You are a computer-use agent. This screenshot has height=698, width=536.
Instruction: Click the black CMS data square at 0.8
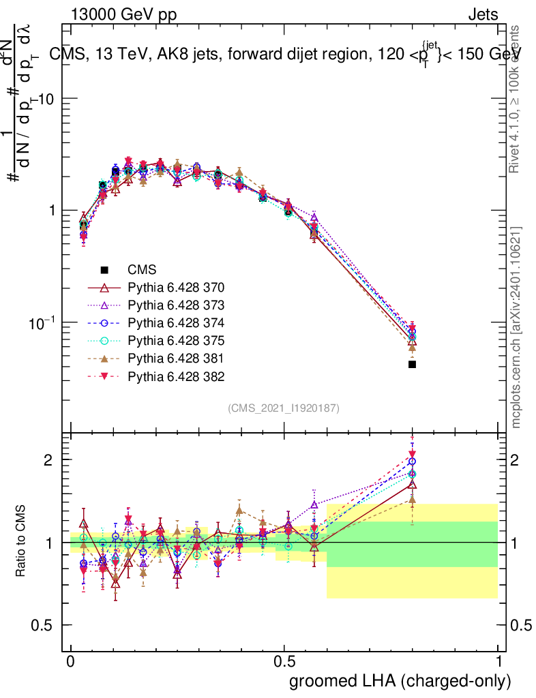(412, 365)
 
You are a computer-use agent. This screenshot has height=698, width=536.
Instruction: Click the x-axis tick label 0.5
(284, 662)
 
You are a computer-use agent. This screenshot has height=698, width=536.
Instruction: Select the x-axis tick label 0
(71, 662)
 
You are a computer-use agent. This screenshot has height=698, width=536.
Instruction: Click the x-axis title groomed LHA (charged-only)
(400, 681)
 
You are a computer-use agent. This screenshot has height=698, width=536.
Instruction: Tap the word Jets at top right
(482, 14)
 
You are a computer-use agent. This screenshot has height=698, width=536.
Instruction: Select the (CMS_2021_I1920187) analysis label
(284, 408)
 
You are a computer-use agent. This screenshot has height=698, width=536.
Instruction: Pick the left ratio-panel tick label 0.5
(43, 625)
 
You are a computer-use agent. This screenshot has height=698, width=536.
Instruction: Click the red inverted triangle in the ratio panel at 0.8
(412, 455)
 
